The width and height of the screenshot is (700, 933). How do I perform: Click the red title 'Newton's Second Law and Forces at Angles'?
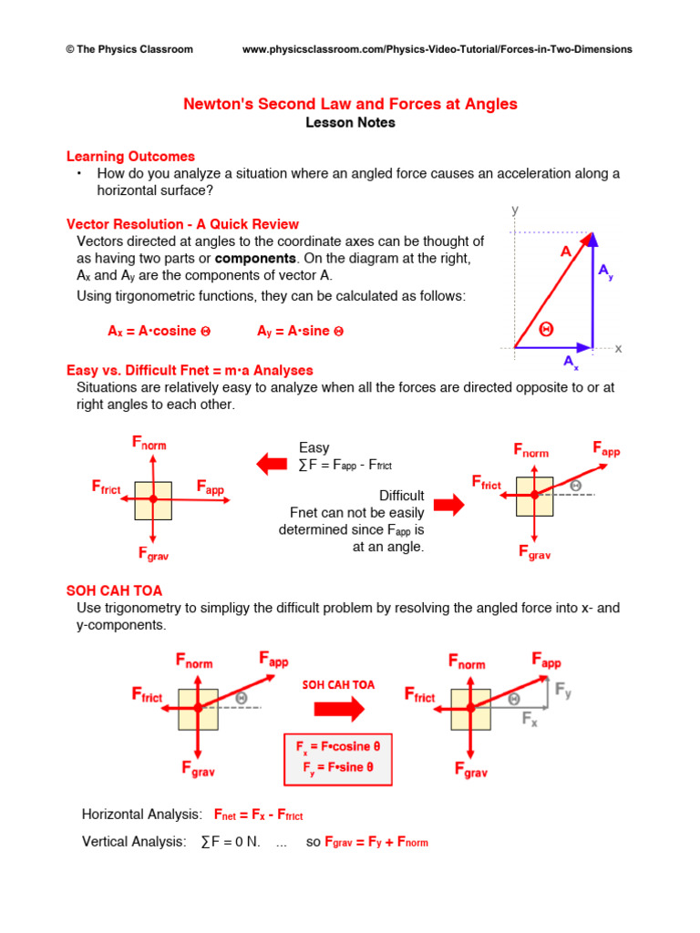click(x=350, y=104)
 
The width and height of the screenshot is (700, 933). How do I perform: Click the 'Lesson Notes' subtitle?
click(x=350, y=123)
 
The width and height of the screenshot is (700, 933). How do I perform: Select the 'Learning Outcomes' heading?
click(x=130, y=157)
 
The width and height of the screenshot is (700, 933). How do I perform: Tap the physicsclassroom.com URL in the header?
click(x=437, y=49)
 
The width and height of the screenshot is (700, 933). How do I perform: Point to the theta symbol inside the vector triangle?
click(x=546, y=329)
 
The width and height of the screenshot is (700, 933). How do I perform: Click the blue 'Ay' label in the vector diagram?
click(x=606, y=272)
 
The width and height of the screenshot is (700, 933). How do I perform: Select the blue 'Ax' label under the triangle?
click(x=571, y=363)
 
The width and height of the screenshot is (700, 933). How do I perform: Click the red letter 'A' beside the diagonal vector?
click(x=566, y=251)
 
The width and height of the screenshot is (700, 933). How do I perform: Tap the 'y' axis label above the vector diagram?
click(x=515, y=210)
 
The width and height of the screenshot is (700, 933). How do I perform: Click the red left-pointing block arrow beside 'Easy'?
click(x=271, y=465)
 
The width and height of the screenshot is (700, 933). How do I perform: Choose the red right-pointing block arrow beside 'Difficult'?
click(x=448, y=504)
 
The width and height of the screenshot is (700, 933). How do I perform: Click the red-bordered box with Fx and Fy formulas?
click(x=337, y=758)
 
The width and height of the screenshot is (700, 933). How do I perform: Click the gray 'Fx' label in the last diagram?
click(x=530, y=720)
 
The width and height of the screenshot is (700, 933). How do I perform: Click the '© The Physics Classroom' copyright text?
click(x=129, y=49)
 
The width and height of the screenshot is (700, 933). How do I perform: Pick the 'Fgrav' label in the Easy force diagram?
click(x=153, y=553)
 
